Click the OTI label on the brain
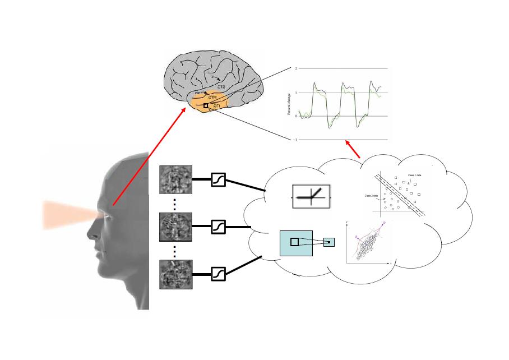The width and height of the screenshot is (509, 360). pos(216,105)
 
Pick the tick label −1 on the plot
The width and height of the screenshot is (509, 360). pos(294,140)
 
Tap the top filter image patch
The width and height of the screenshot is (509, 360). pos(175,180)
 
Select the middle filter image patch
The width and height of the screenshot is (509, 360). pos(175,227)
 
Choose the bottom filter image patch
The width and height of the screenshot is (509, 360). pos(175,274)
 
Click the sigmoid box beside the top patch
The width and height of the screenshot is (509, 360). pos(218,180)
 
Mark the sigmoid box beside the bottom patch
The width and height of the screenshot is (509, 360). pos(218,274)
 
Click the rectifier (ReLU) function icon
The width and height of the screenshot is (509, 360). pos(312,198)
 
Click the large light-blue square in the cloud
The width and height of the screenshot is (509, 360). pos(296,242)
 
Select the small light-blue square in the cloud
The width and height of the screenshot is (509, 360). pos(329,242)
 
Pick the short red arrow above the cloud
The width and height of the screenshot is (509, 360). pos(353,149)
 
